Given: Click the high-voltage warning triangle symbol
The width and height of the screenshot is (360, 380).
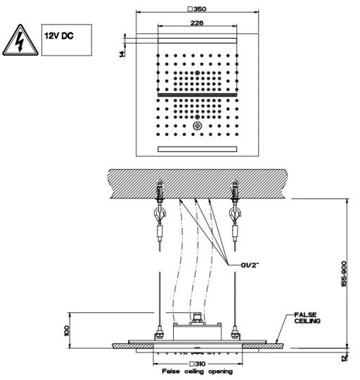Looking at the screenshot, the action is click(x=20, y=40).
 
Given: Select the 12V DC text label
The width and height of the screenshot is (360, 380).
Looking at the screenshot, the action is click(x=59, y=36).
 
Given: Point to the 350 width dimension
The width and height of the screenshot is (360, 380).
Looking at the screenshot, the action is click(x=197, y=9).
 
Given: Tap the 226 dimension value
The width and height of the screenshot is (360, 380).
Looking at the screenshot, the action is click(x=197, y=23).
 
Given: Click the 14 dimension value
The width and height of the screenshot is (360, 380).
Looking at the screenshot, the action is click(x=123, y=53).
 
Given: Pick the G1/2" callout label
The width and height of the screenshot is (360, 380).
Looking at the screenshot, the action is click(x=250, y=265).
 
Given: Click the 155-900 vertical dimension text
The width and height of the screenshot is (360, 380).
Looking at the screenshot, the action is click(x=344, y=274).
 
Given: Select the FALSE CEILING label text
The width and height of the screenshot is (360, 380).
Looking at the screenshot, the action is click(x=307, y=317).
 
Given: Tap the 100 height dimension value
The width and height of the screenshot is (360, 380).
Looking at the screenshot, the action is click(x=67, y=331).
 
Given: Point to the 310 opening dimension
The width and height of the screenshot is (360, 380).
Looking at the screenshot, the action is click(x=198, y=364).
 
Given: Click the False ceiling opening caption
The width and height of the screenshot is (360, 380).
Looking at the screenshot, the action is click(x=198, y=372).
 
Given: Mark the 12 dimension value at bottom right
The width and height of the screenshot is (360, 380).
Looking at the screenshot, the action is click(x=345, y=358).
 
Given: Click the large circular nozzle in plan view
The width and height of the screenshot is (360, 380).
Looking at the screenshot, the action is click(x=198, y=126).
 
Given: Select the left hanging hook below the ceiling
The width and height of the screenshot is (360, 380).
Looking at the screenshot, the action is click(x=160, y=214).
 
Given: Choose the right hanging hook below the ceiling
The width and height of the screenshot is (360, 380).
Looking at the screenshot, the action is click(x=235, y=214).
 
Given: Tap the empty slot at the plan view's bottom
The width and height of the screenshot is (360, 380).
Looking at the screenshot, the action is click(x=198, y=149).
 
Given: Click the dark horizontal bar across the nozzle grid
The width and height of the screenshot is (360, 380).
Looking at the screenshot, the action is click(x=198, y=95).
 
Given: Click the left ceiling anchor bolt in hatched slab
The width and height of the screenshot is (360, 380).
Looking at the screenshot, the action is click(x=160, y=191).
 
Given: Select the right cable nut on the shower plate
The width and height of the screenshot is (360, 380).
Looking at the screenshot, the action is click(x=235, y=333).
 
